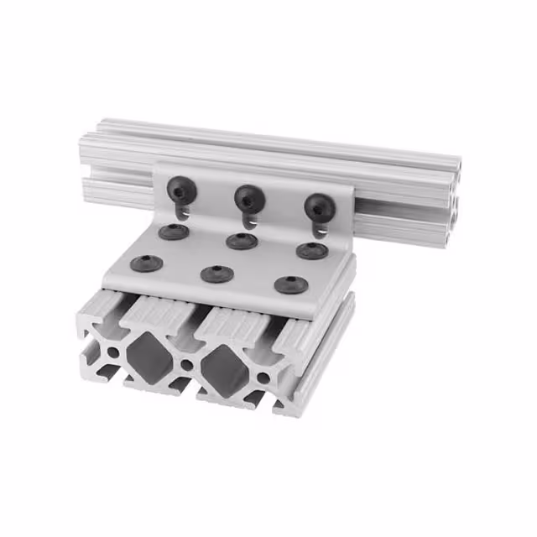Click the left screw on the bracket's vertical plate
(x=181, y=189)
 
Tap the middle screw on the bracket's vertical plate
(x=248, y=198)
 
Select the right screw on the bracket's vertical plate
(x=318, y=206)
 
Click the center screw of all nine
(x=242, y=242)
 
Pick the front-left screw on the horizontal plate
(x=147, y=263)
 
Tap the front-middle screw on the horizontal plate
(x=216, y=274)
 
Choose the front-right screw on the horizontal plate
(x=290, y=284)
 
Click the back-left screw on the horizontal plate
(x=174, y=232)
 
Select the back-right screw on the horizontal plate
(x=311, y=250)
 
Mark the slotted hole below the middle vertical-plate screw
(x=249, y=220)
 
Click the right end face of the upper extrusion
(x=454, y=200)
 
